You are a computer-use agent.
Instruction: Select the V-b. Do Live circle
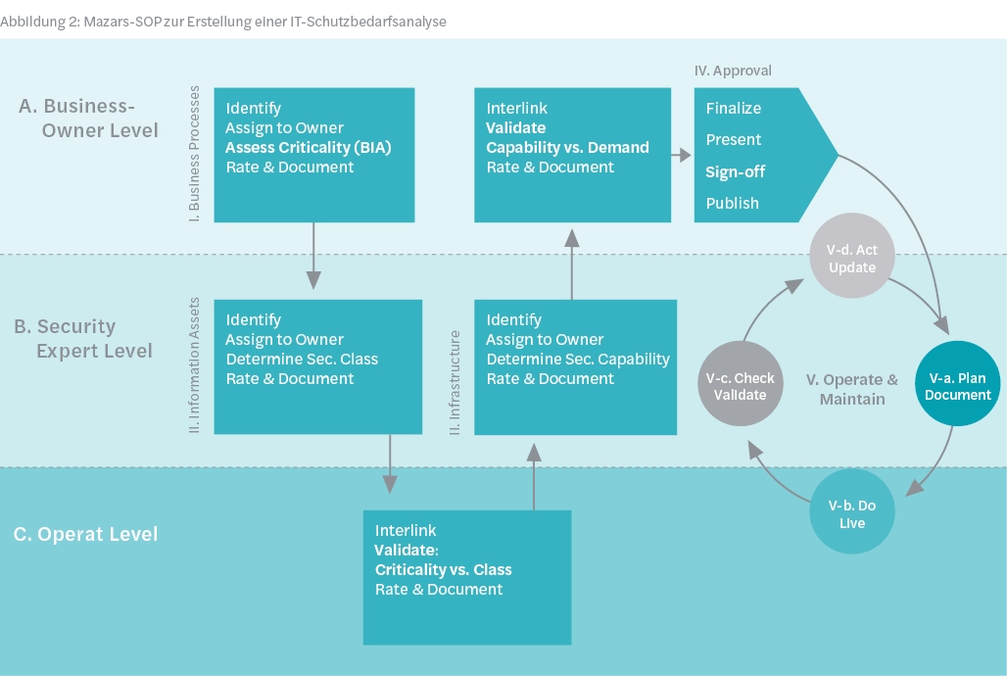coord(852,513)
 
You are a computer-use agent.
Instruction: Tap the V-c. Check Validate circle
coord(741,386)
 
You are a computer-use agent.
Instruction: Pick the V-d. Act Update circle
coord(852,259)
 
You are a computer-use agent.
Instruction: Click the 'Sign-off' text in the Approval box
coord(735,171)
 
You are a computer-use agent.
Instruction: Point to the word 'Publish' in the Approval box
coord(733,203)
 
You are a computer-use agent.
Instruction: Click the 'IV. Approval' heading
coord(733,71)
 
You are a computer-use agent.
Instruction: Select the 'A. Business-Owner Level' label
coord(88,118)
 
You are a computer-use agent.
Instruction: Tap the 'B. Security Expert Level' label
coord(82,338)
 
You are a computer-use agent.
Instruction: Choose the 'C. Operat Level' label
coord(85,534)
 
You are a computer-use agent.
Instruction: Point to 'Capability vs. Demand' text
coord(568,147)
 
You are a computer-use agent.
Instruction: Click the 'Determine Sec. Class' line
coord(302,359)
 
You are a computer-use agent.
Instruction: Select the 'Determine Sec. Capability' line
coord(578,359)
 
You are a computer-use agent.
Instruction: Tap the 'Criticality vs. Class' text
coord(443,569)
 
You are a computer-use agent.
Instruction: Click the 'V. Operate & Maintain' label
coord(851,389)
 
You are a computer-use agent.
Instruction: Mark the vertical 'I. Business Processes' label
coord(194,155)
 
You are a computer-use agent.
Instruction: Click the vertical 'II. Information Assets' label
coord(194,365)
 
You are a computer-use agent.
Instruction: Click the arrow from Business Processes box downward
coord(313,256)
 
